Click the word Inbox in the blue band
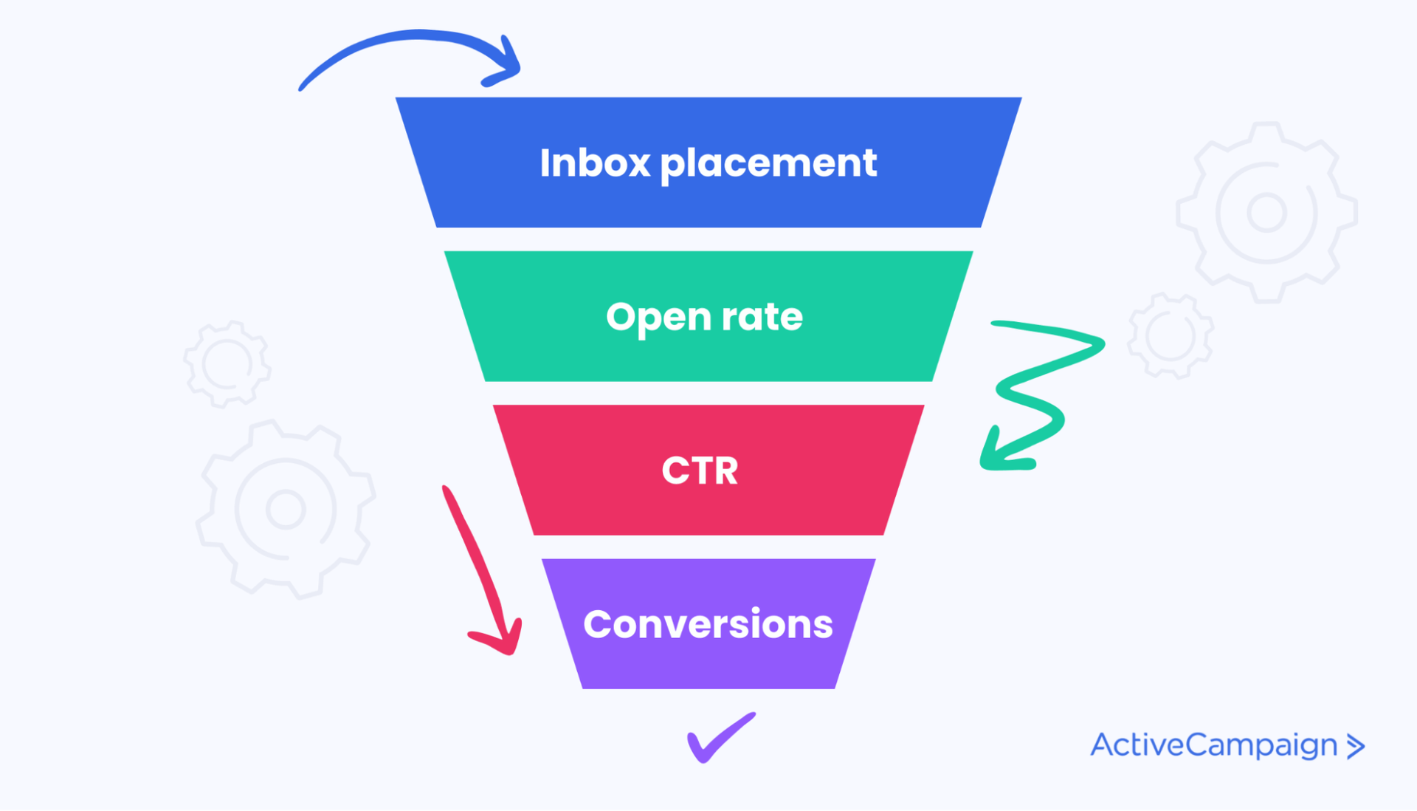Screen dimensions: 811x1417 click(594, 162)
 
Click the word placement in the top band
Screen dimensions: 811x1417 click(768, 164)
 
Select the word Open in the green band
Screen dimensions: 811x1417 click(658, 318)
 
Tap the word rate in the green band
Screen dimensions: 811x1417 click(762, 317)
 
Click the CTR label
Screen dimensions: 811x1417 click(700, 470)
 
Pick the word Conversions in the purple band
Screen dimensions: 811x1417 click(708, 624)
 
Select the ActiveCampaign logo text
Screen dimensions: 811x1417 click(1213, 745)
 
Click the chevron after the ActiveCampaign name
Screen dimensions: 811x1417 click(1356, 746)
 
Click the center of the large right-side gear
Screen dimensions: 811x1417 click(1266, 213)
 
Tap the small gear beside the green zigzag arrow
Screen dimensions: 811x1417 click(1171, 335)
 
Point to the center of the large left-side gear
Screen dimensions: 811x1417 click(286, 509)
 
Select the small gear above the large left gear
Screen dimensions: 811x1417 click(227, 364)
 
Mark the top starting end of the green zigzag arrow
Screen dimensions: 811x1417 click(995, 324)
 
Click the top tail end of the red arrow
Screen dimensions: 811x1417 click(445, 488)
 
